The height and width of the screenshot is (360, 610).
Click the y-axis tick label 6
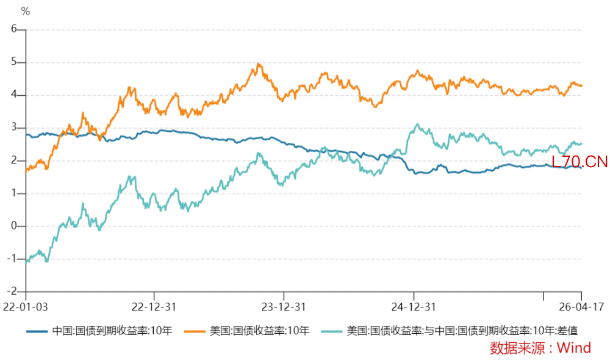coord(14,29)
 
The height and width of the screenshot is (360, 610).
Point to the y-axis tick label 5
coord(14,62)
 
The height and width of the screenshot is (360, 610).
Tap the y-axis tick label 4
coord(14,95)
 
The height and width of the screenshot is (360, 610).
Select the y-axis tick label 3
coord(14,128)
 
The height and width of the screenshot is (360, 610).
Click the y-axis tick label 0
coord(14,226)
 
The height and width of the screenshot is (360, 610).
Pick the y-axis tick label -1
coord(12,259)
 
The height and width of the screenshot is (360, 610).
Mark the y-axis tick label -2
coord(12,292)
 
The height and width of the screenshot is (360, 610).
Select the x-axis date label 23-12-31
coord(284,306)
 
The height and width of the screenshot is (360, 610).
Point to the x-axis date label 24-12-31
coord(413,306)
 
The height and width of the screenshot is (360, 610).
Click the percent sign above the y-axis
coord(25,11)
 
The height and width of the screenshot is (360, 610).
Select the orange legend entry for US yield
coord(259,331)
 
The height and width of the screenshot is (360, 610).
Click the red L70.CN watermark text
coord(579,162)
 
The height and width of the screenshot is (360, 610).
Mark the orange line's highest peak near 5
coord(259,63)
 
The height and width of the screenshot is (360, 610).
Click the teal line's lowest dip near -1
coord(46,261)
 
